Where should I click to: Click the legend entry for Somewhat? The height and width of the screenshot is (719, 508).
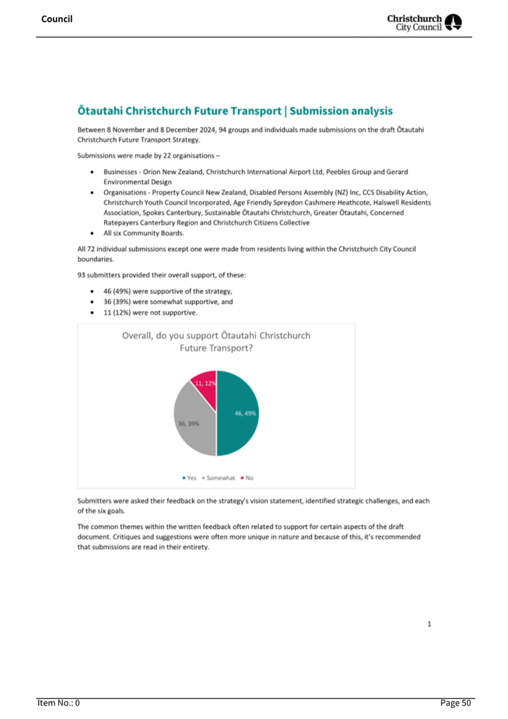click(x=218, y=478)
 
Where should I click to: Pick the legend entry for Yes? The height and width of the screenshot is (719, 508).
click(x=189, y=478)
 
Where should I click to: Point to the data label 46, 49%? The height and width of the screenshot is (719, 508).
click(x=245, y=414)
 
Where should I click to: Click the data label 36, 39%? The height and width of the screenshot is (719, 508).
click(x=189, y=424)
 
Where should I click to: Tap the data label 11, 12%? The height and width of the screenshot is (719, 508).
click(x=205, y=383)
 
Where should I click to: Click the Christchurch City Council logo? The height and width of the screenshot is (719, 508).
click(x=424, y=23)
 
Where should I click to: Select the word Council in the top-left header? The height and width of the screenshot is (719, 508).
click(x=57, y=19)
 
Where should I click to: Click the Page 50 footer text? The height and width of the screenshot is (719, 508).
click(x=455, y=703)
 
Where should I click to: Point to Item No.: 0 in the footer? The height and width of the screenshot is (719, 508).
click(x=58, y=703)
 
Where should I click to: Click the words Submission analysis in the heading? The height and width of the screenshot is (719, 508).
click(x=341, y=111)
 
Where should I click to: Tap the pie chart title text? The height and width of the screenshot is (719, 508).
click(x=216, y=342)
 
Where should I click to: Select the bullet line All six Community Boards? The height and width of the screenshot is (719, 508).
click(x=144, y=233)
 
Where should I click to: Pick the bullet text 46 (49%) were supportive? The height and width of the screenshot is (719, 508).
click(x=168, y=291)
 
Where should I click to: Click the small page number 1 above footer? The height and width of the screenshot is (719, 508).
click(x=429, y=624)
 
